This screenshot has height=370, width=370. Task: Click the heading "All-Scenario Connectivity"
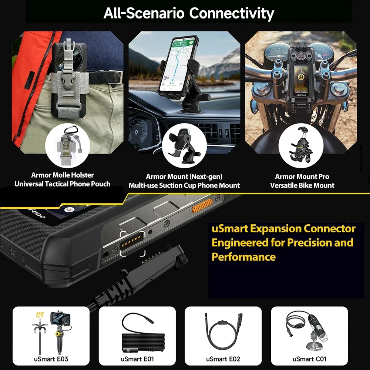(x=189, y=13)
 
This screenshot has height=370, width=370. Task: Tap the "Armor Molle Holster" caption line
(x=62, y=175)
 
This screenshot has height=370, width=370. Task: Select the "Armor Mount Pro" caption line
(x=302, y=176)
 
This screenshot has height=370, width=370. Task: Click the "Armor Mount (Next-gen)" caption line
(x=184, y=176)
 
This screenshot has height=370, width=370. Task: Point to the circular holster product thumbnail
(x=67, y=146)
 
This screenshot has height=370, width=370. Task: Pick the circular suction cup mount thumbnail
(x=184, y=146)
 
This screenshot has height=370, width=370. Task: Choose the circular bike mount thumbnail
(x=300, y=146)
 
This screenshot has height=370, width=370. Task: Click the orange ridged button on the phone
(x=201, y=206)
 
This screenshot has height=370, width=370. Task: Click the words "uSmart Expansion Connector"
(x=283, y=228)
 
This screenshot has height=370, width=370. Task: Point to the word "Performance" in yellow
(x=243, y=257)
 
